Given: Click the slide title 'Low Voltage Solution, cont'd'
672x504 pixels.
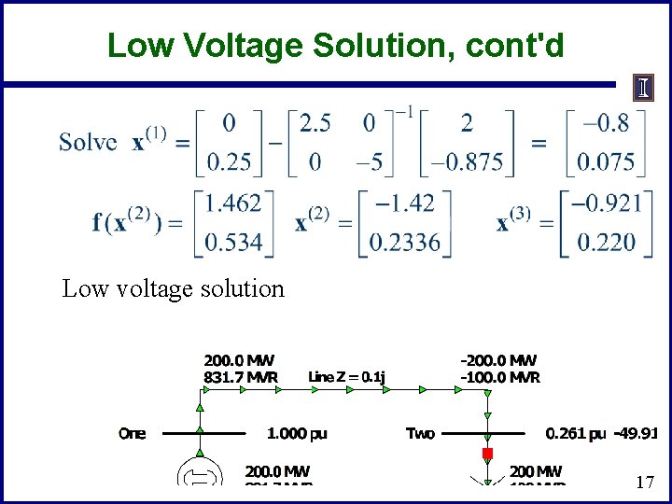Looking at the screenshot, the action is (x=336, y=45).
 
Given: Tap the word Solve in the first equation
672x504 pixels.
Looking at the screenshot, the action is (x=88, y=142).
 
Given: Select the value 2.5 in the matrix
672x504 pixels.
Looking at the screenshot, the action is (x=315, y=122).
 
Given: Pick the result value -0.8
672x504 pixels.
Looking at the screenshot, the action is (x=606, y=122).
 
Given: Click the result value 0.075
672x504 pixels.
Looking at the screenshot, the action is (x=606, y=162).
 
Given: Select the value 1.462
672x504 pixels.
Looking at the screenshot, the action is (x=234, y=203).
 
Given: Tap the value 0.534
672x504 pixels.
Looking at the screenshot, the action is (x=234, y=243).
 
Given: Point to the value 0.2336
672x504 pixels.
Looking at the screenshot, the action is (x=405, y=243).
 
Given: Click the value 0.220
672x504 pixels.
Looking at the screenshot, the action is (x=606, y=243).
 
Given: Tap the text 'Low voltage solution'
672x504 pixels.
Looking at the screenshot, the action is (x=173, y=288).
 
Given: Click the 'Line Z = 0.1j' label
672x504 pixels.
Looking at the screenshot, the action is (x=347, y=376).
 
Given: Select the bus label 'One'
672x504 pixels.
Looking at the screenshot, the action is (x=133, y=433).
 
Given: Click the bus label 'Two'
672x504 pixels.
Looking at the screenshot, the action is (x=420, y=433).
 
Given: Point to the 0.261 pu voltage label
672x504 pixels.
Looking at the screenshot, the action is (x=575, y=433).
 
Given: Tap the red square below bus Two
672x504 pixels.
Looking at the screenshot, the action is (x=486, y=454).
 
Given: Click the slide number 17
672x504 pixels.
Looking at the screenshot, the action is (x=644, y=483).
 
